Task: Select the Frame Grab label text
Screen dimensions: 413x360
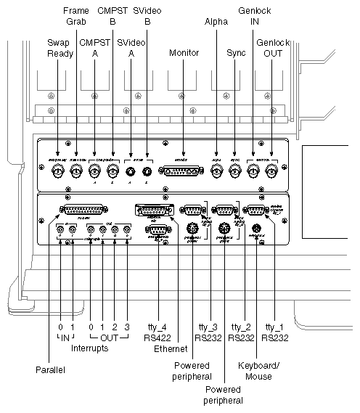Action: tap(76, 16)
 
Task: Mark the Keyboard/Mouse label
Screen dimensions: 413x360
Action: tap(254, 371)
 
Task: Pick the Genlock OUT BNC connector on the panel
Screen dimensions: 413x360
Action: tap(271, 172)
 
